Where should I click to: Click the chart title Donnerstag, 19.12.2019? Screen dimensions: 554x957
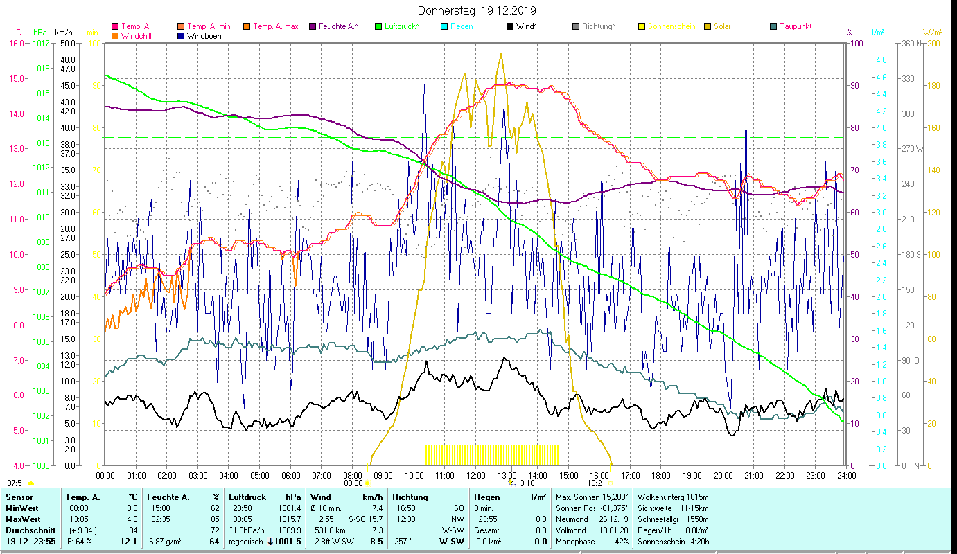click(x=477, y=11)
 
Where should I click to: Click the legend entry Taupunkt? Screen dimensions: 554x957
click(x=795, y=26)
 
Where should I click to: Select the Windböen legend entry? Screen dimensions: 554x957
click(x=204, y=36)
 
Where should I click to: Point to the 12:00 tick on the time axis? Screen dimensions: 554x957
click(x=476, y=476)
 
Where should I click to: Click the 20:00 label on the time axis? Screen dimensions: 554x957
click(x=723, y=476)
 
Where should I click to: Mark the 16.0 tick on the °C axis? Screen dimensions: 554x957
click(x=16, y=43)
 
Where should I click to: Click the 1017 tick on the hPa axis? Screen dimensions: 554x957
click(x=42, y=43)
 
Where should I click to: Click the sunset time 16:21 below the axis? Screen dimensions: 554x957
click(x=596, y=483)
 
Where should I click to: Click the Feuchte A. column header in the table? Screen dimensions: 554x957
click(x=166, y=497)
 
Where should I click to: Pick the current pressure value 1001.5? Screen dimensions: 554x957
click(x=288, y=542)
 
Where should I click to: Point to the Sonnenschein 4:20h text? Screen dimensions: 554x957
click(x=673, y=542)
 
